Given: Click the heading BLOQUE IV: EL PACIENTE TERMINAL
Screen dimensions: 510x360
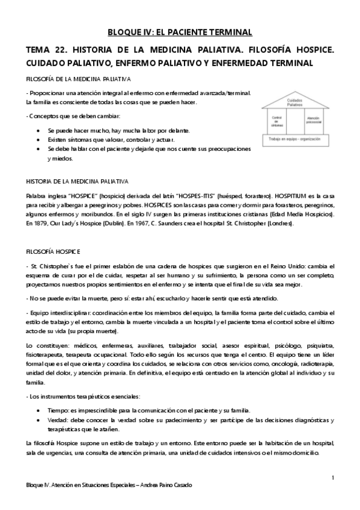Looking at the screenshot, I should click(180, 32).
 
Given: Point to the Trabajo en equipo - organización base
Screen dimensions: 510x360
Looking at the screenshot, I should click(294, 138).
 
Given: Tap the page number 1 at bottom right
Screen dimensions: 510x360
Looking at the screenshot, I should click(332, 477).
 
